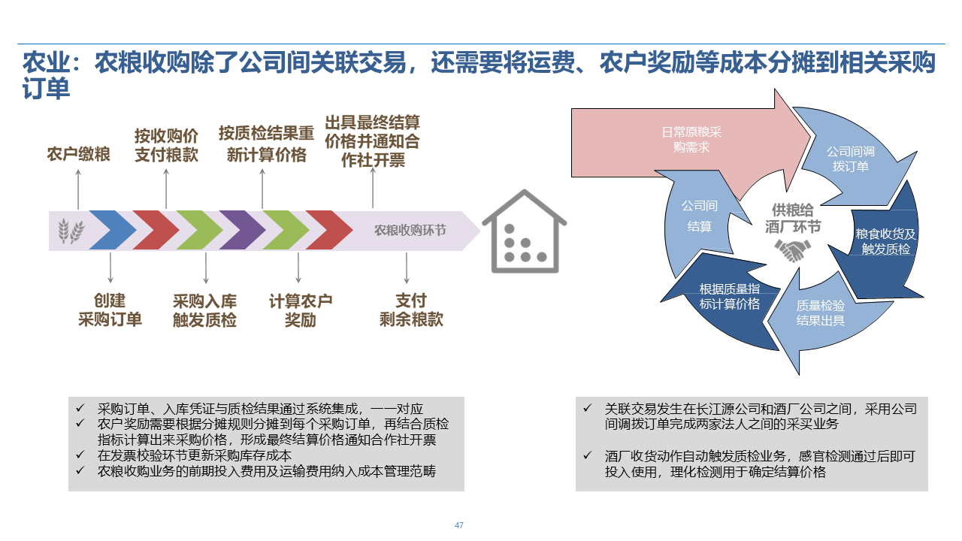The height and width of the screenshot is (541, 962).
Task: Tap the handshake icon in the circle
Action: [793, 250]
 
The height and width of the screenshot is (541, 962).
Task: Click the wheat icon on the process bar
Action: [71, 230]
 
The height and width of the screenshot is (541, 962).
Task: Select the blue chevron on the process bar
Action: [112, 230]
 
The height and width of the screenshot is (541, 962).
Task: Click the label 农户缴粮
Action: [78, 155]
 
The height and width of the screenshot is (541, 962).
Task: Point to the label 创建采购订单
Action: [110, 310]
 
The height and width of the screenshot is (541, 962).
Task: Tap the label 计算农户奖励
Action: [300, 310]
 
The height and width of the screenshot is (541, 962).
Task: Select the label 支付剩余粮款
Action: [410, 310]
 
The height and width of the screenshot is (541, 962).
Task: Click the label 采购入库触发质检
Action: [204, 310]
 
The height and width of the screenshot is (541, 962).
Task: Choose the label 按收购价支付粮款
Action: [166, 145]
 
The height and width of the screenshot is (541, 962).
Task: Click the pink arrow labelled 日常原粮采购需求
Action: [691, 140]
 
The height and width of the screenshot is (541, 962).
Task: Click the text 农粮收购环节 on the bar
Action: [410, 230]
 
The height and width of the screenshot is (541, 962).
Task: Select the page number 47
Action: [458, 525]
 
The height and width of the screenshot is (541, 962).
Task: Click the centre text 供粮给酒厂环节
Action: [793, 219]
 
